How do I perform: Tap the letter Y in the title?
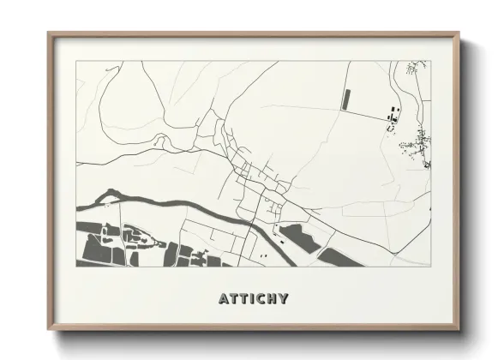283,299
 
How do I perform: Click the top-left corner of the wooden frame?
49,33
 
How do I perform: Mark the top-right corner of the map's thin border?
429,61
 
